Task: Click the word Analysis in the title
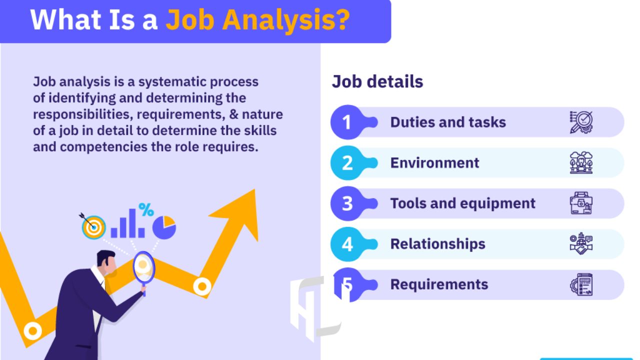tap(286, 19)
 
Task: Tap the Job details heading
tap(377, 81)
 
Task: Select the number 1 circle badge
tap(347, 122)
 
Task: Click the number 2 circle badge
tap(347, 163)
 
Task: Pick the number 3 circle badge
tap(347, 203)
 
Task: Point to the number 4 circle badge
tap(347, 244)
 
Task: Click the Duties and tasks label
tap(448, 122)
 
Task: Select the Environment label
tap(434, 163)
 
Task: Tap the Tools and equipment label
tap(463, 203)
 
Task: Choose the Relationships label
tap(437, 244)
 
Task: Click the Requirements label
tap(439, 285)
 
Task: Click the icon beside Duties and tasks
tap(581, 122)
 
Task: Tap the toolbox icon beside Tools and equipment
tap(581, 203)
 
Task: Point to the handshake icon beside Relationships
tap(581, 243)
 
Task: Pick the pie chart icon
tap(164, 227)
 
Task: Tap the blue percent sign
tap(146, 209)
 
